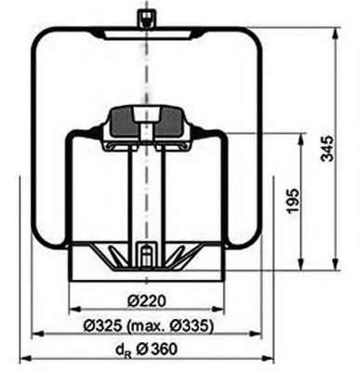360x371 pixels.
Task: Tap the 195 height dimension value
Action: [293, 199]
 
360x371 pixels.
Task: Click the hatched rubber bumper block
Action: [144, 119]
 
